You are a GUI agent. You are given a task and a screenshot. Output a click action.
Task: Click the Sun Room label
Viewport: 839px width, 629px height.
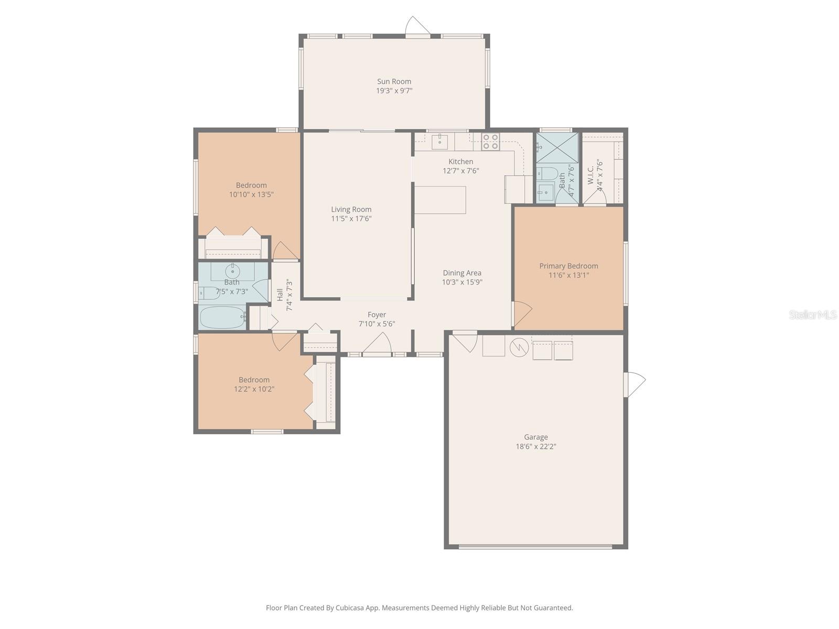(394, 81)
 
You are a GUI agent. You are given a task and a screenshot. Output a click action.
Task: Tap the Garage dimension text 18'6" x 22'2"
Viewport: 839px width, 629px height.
(535, 447)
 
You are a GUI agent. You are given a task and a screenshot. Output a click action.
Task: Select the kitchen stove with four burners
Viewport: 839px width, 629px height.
(490, 142)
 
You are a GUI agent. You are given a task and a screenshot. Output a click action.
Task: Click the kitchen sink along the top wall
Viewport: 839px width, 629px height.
(439, 140)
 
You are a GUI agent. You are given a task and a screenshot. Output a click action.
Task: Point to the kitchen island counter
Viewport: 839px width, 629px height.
(440, 200)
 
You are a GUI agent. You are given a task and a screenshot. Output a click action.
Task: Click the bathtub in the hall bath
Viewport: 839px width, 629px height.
(222, 317)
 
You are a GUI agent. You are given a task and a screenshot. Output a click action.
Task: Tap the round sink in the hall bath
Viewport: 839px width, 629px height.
(232, 272)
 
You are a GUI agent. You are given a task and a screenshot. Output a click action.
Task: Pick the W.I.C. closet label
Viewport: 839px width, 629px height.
(590, 175)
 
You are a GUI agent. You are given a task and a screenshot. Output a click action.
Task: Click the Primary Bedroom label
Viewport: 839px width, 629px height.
(568, 266)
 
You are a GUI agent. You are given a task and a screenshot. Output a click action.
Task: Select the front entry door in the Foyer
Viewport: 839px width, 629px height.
(378, 346)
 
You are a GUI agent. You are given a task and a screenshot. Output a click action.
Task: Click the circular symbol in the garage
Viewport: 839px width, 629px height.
(519, 346)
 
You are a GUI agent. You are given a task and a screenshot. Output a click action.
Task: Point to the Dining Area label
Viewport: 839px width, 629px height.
(461, 273)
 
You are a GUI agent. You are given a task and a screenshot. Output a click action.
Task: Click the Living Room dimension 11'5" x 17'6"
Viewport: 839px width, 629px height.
(351, 219)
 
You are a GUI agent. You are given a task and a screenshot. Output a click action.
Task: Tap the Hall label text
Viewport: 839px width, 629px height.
(279, 295)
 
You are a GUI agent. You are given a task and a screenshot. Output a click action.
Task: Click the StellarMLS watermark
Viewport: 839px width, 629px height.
(812, 314)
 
